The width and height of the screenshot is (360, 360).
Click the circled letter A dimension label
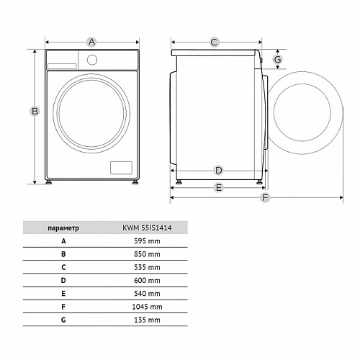pyautogui.click(x=91, y=42)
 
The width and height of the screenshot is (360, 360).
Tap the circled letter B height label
pyautogui.click(x=35, y=111)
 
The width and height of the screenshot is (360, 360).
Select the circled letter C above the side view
pyautogui.click(x=214, y=42)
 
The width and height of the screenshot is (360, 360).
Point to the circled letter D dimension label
pyautogui.click(x=218, y=171)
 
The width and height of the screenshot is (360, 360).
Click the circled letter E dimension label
pyautogui.click(x=218, y=187)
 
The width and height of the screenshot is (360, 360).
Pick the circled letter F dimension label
pyautogui.click(x=265, y=197)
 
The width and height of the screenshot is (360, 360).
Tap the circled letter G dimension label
pyautogui.click(x=278, y=59)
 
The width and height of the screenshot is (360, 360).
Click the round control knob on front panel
pyautogui.click(x=92, y=60)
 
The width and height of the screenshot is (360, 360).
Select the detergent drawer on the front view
pyautogui.click(x=62, y=66)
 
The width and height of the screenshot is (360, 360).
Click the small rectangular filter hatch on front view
pyautogui.click(x=121, y=168)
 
